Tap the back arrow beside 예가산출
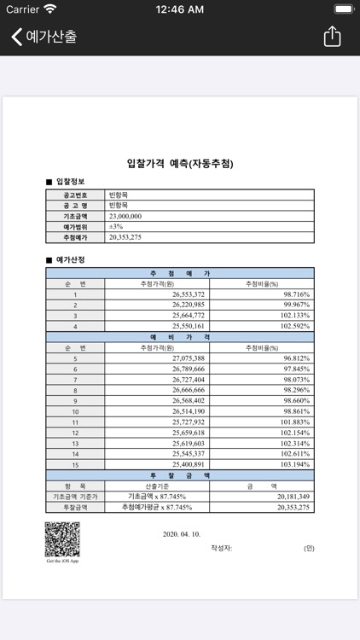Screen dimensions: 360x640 tap(16, 37)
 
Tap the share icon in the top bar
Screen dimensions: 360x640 tap(332, 37)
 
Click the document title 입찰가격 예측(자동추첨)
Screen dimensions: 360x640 tap(179, 164)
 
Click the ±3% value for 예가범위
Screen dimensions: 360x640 tap(116, 227)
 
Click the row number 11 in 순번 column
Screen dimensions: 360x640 tap(75, 422)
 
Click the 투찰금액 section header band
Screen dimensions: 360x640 tap(179, 475)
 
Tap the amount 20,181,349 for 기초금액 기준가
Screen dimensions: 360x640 tap(293, 497)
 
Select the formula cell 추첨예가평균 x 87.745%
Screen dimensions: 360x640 tap(157, 507)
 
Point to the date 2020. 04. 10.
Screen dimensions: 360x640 tap(181, 534)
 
